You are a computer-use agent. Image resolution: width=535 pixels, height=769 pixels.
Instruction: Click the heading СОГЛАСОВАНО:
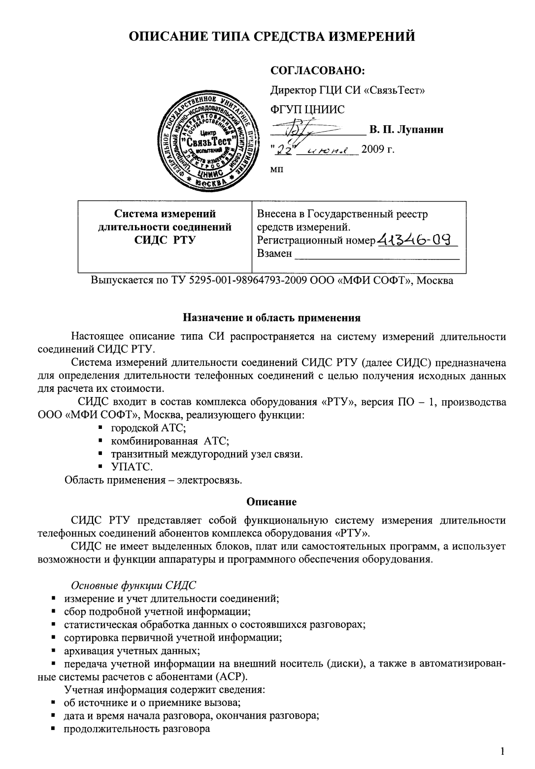click(318, 70)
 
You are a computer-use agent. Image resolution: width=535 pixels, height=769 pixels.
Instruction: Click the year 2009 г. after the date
click(378, 149)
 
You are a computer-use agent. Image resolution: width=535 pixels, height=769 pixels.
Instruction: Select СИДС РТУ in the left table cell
click(165, 240)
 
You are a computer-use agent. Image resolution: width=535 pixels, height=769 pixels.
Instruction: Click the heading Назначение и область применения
click(272, 318)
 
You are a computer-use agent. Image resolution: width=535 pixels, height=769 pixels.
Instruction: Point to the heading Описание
click(271, 502)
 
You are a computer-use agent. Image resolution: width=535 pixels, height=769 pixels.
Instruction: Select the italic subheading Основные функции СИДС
click(134, 586)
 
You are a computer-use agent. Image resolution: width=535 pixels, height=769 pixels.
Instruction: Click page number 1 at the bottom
click(502, 751)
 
